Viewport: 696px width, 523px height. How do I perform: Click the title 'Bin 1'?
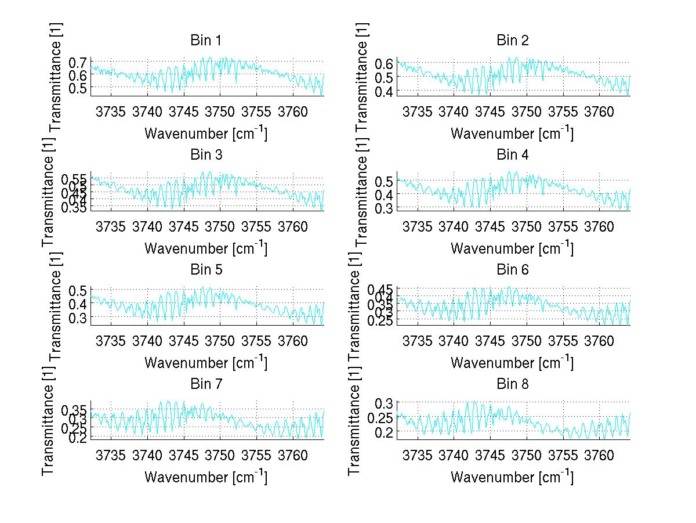click(206, 41)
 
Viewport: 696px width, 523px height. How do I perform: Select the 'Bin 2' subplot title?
click(513, 41)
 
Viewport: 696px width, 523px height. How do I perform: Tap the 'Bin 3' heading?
click(206, 155)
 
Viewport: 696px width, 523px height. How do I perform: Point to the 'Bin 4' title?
click(513, 155)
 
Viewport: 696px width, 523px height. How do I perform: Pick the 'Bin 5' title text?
click(206, 269)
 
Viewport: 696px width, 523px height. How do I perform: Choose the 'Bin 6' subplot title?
click(513, 269)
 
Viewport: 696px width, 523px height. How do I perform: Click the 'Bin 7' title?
click(206, 384)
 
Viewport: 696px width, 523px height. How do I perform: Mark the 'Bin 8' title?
click(513, 384)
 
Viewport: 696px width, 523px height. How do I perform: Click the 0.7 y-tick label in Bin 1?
click(78, 62)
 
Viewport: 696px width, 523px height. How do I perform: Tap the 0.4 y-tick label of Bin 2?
click(384, 91)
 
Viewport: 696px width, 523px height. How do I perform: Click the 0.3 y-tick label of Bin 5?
click(78, 318)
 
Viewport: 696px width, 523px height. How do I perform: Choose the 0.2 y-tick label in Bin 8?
click(384, 432)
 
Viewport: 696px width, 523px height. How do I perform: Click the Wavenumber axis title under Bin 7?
click(206, 477)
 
